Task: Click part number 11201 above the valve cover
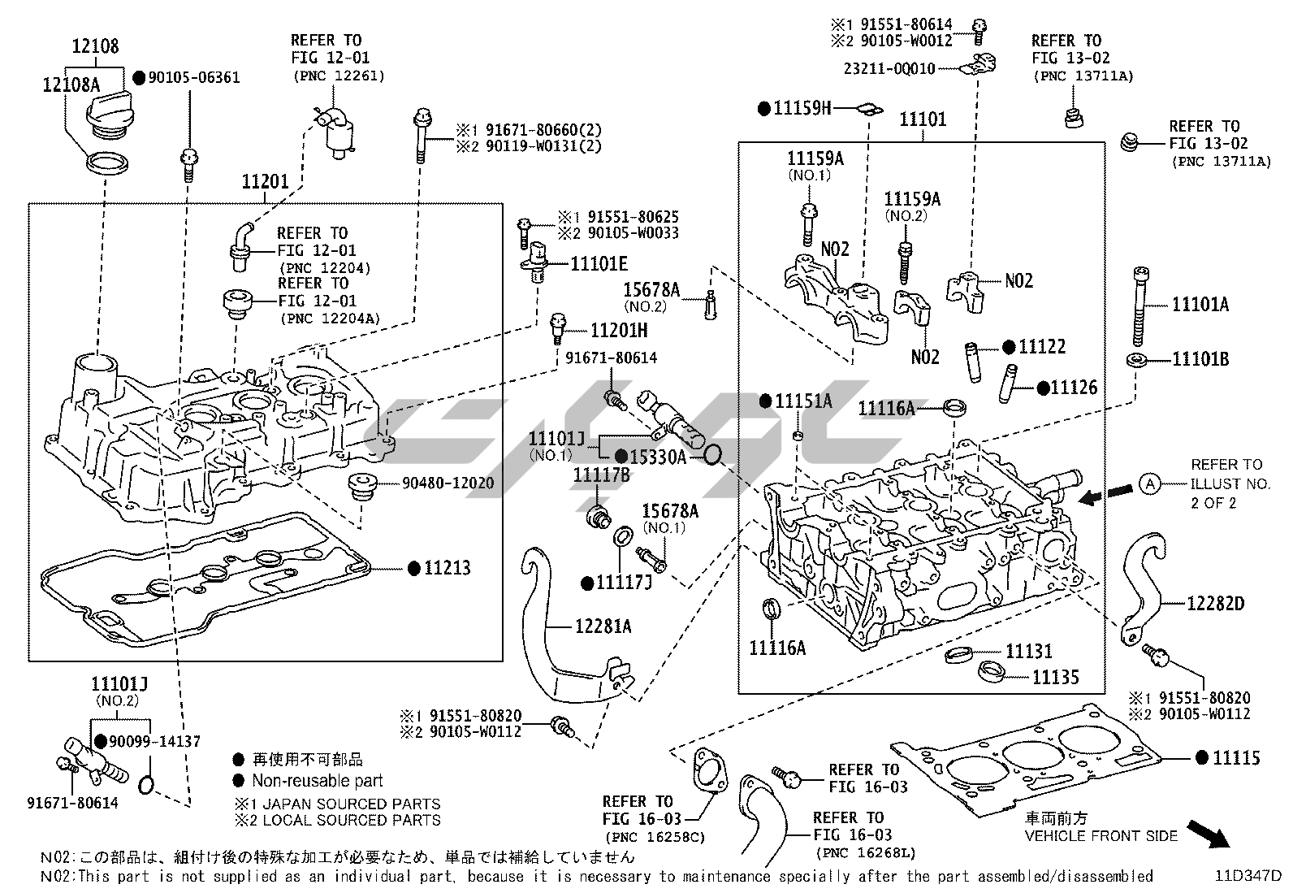tap(265, 181)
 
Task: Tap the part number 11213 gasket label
tap(448, 568)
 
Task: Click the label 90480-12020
tap(448, 483)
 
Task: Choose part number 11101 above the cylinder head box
tap(923, 120)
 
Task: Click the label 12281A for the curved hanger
tap(603, 626)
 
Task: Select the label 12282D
tap(1215, 604)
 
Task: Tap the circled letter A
tap(1149, 484)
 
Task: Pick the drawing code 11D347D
tap(1248, 876)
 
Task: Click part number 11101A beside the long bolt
tap(1200, 305)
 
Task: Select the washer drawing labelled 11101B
tap(1136, 360)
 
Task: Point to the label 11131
tap(1028, 651)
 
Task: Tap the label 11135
tap(1055, 676)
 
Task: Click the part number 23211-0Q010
tap(889, 69)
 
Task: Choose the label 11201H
tap(618, 331)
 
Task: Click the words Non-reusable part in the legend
tap(317, 781)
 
